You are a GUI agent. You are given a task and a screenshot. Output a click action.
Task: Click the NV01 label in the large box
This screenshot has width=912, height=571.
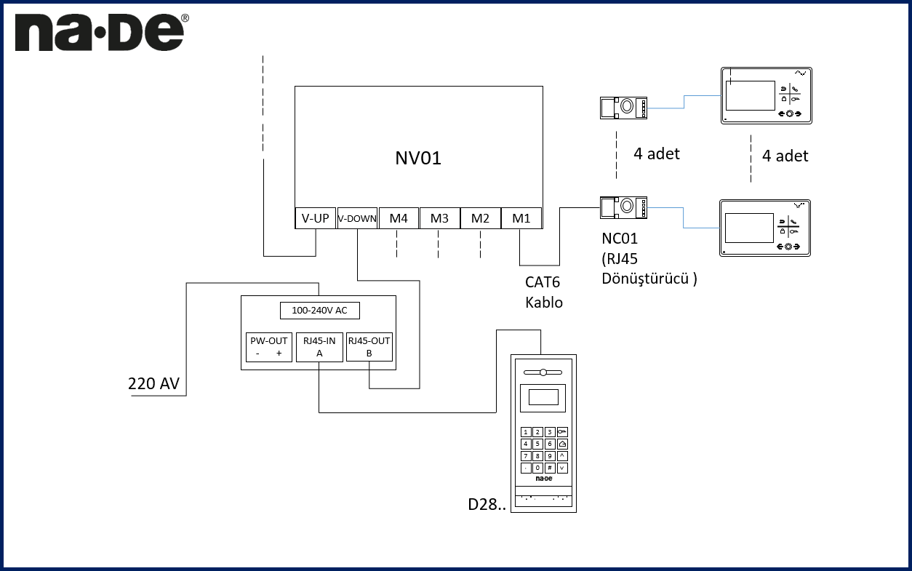click(x=418, y=158)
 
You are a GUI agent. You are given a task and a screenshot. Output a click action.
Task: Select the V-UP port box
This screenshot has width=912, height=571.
click(x=315, y=218)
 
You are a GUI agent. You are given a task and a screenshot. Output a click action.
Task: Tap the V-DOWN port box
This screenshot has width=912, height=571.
click(x=357, y=218)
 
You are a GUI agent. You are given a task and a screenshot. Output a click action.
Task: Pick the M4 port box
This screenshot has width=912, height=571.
click(x=399, y=218)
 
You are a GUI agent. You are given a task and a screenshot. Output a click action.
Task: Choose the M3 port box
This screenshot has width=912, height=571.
click(x=439, y=218)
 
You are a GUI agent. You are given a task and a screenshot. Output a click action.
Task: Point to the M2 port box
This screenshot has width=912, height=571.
click(x=480, y=218)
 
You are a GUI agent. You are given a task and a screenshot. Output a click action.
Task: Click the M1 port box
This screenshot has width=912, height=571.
click(x=521, y=218)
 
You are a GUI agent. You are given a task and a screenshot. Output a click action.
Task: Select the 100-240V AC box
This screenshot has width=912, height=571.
click(x=319, y=311)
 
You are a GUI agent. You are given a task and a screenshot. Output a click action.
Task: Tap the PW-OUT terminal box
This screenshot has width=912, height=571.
click(x=268, y=347)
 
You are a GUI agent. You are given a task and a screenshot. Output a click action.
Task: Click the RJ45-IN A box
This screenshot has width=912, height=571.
click(x=319, y=347)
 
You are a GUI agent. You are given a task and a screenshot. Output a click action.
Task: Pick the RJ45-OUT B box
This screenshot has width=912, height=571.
click(x=369, y=347)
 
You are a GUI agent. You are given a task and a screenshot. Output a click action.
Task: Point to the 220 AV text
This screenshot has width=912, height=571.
click(x=153, y=383)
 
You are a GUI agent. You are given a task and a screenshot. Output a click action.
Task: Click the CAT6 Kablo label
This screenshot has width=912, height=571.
click(x=544, y=292)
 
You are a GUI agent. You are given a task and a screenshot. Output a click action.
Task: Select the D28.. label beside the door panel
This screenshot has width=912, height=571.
click(x=487, y=504)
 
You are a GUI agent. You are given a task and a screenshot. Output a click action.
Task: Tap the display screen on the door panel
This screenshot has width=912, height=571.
click(x=543, y=397)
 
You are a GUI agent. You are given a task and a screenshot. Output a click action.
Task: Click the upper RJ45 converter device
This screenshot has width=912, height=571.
click(x=623, y=108)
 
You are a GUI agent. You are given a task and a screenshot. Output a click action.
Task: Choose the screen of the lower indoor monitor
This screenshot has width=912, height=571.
click(x=750, y=228)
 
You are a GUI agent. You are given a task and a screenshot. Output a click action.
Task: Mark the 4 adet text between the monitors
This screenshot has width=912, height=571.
click(x=785, y=156)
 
